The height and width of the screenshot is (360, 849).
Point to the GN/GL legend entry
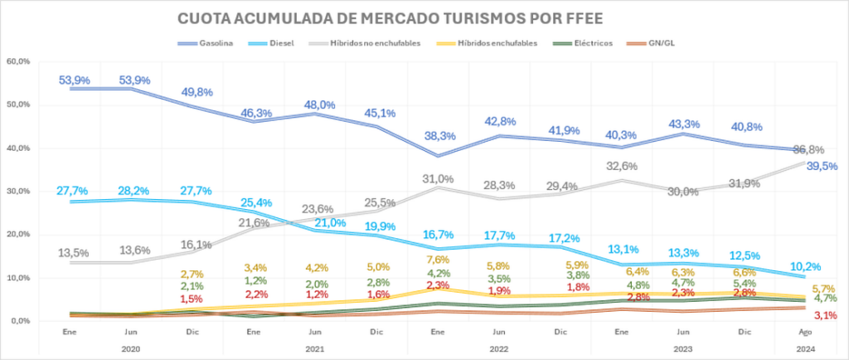point(659,43)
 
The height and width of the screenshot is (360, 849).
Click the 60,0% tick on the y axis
point(18,61)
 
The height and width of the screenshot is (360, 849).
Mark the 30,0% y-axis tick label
point(18,191)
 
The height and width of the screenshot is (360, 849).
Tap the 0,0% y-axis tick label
point(20,321)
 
